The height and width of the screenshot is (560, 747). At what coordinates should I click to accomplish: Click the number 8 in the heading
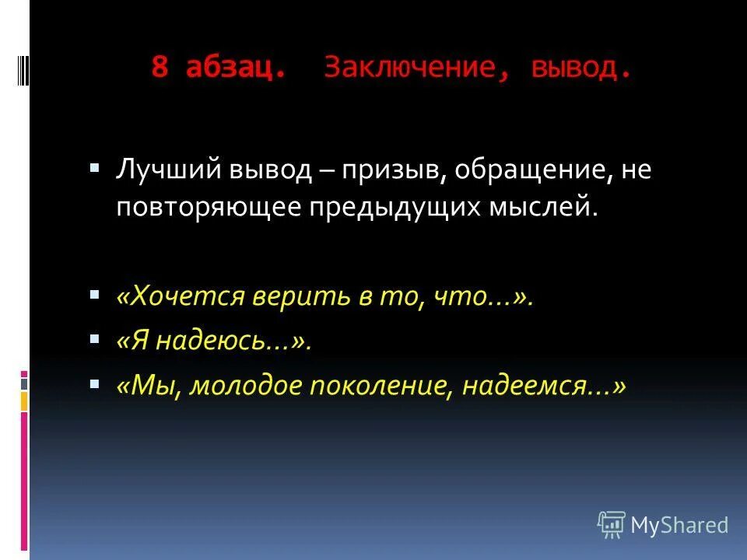tap(160, 68)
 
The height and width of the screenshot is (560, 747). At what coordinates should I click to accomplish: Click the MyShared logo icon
tap(612, 525)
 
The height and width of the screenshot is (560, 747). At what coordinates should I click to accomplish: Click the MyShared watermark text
tap(679, 526)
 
